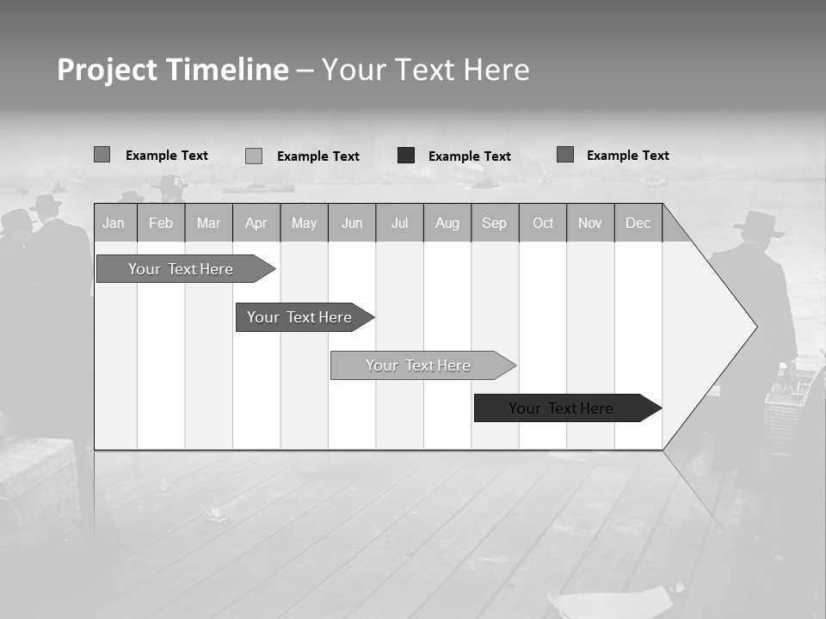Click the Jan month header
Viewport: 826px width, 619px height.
(x=114, y=223)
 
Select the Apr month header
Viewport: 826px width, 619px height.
(x=256, y=223)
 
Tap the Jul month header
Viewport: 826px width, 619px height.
(x=399, y=223)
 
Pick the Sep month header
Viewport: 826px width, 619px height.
(x=494, y=223)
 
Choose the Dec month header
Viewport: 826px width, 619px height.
(x=638, y=223)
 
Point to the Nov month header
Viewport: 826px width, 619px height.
(x=590, y=223)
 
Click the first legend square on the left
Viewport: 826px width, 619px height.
(x=102, y=155)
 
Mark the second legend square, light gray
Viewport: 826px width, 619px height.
(x=253, y=156)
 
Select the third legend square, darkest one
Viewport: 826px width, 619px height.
(x=406, y=156)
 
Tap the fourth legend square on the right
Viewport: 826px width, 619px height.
(x=564, y=155)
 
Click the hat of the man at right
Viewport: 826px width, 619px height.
(x=759, y=224)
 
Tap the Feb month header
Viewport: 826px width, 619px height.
(x=161, y=223)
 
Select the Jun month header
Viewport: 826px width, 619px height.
(x=352, y=223)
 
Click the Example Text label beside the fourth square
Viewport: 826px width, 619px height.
(x=627, y=155)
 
